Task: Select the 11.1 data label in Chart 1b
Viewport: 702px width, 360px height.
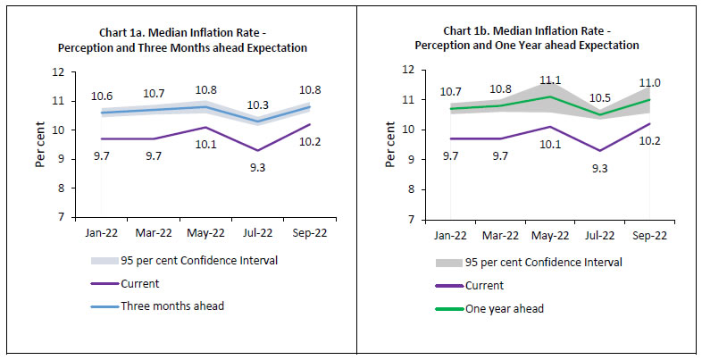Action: [550, 80]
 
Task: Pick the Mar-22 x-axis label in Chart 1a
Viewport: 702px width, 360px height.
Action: [154, 234]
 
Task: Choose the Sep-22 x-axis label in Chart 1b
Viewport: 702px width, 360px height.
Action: [649, 236]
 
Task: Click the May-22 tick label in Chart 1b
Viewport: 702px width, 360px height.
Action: [550, 236]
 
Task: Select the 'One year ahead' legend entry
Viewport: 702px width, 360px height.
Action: [506, 308]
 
